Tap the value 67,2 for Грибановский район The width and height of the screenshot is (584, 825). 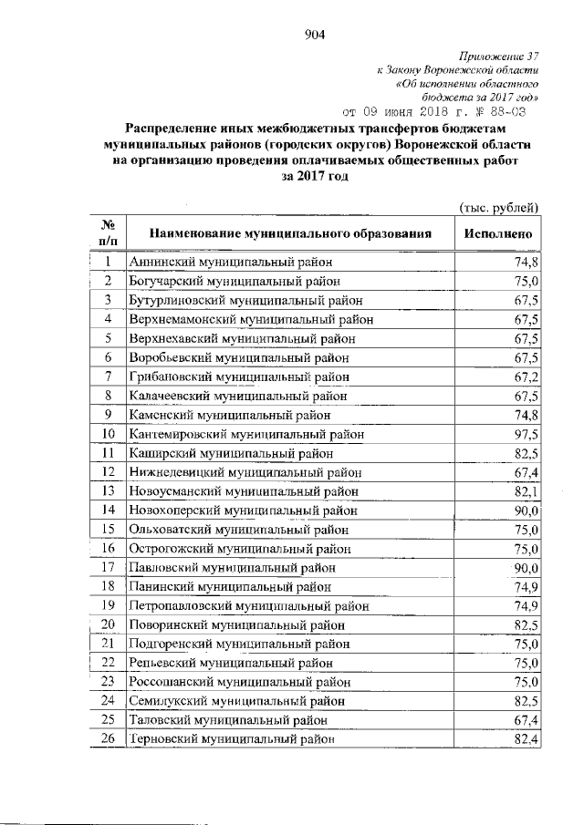click(527, 376)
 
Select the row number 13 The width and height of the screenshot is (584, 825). click(108, 490)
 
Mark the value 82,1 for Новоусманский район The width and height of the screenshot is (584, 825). click(527, 490)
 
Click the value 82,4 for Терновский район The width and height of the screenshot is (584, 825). click(527, 738)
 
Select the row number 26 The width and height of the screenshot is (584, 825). click(108, 738)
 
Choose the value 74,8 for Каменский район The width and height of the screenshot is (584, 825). click(527, 414)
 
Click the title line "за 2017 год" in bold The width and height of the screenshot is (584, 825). click(315, 178)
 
